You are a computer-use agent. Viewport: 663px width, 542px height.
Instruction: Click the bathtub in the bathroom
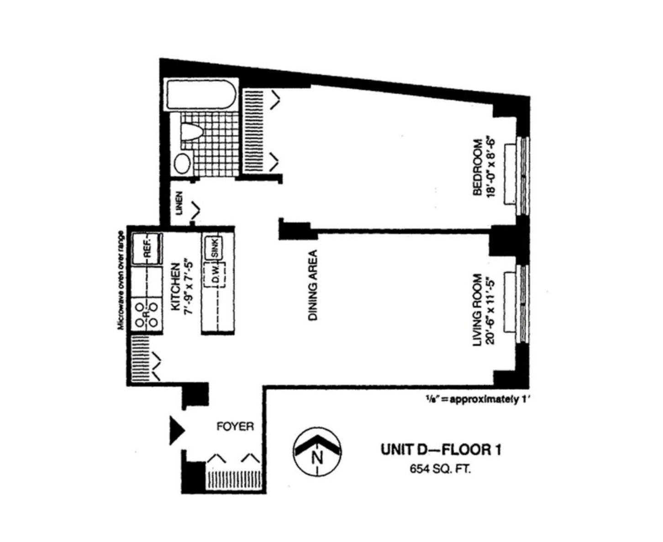click(x=201, y=95)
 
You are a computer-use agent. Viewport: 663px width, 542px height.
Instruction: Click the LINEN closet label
click(x=179, y=203)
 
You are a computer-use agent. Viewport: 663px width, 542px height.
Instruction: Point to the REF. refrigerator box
click(x=147, y=248)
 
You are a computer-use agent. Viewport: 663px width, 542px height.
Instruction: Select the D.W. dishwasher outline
click(x=215, y=274)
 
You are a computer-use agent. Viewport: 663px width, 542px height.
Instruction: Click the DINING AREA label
click(x=313, y=285)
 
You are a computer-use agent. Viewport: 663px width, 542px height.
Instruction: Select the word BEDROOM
click(x=478, y=167)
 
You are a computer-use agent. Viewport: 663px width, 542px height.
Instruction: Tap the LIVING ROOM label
click(x=478, y=310)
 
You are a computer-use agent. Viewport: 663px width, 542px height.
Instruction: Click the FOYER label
click(x=235, y=426)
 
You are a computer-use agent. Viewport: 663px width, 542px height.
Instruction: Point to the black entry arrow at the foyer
click(x=176, y=430)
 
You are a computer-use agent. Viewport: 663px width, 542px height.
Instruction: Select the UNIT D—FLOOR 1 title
click(x=441, y=450)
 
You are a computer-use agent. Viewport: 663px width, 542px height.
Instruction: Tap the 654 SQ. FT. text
click(x=440, y=469)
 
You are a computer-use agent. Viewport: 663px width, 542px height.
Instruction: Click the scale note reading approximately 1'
click(x=477, y=399)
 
